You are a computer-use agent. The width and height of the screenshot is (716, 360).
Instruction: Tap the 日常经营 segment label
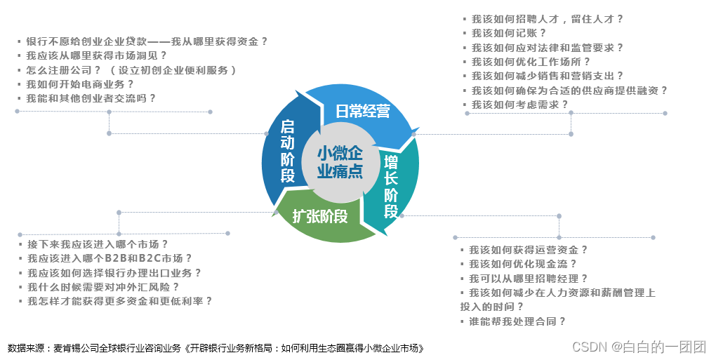(x=362, y=111)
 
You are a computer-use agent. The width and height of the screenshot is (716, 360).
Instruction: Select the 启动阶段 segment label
(x=287, y=151)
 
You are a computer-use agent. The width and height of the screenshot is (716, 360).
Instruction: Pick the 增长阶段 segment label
(x=391, y=186)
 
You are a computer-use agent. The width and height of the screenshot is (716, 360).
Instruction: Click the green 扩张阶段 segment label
(x=320, y=216)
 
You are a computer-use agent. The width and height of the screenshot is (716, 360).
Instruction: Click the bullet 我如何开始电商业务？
(x=80, y=84)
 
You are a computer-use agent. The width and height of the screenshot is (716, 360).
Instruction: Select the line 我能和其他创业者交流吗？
(x=91, y=98)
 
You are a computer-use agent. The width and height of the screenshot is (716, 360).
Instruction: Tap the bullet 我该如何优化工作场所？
(x=531, y=62)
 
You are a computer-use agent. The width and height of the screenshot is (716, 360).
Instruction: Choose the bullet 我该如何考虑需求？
(x=519, y=105)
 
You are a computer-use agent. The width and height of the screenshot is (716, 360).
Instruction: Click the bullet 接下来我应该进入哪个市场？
(x=98, y=244)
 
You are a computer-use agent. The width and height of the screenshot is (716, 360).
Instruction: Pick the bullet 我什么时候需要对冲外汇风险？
(x=103, y=286)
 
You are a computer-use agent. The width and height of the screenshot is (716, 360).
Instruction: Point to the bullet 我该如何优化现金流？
(x=523, y=264)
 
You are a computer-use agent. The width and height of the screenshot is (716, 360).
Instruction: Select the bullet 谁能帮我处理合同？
(x=517, y=321)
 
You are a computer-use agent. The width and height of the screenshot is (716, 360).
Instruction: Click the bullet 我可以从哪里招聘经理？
(x=529, y=279)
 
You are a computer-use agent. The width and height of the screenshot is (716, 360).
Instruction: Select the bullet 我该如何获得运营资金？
(x=529, y=250)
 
